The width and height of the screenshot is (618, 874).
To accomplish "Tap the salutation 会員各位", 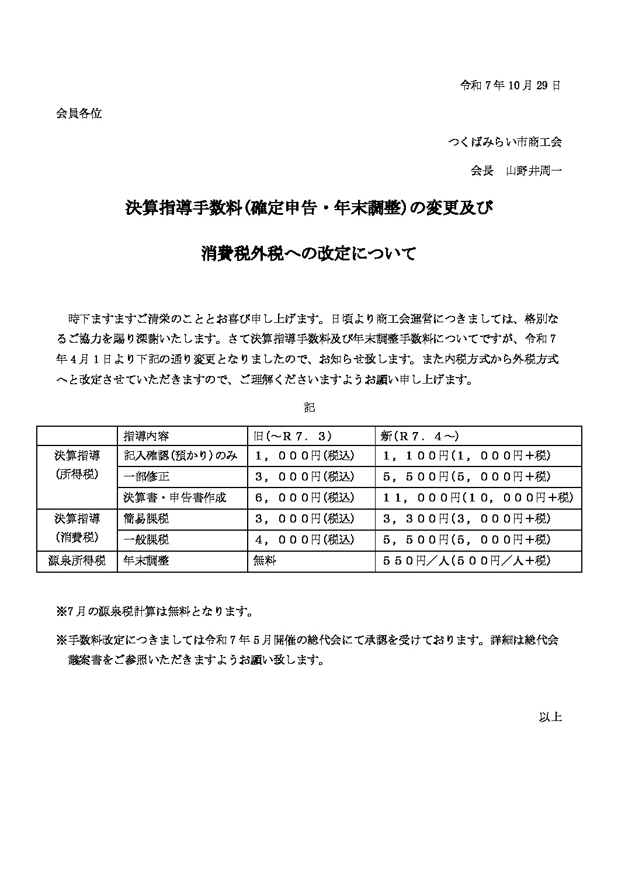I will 79,114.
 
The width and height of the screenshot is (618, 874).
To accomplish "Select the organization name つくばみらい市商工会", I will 505,142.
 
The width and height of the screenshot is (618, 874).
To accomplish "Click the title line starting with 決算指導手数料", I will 309,208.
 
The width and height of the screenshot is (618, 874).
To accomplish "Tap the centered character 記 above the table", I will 310,408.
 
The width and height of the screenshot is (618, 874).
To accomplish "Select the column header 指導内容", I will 147,436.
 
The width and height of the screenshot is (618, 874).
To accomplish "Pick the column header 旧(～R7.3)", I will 293,436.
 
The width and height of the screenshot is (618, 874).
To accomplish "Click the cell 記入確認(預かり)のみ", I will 180,456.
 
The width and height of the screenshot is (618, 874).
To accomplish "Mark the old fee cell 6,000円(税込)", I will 305,498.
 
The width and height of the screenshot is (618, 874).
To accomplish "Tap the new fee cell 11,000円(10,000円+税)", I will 478,498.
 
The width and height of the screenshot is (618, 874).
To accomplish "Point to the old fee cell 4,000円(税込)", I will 305,540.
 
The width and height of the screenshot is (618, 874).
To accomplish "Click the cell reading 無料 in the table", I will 265,561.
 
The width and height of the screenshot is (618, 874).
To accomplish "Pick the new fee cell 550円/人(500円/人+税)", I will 466,561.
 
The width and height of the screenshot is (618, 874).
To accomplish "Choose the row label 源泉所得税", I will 77,561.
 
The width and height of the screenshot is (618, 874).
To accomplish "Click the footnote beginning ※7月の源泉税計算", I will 154,612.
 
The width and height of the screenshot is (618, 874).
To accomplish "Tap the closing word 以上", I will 550,717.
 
